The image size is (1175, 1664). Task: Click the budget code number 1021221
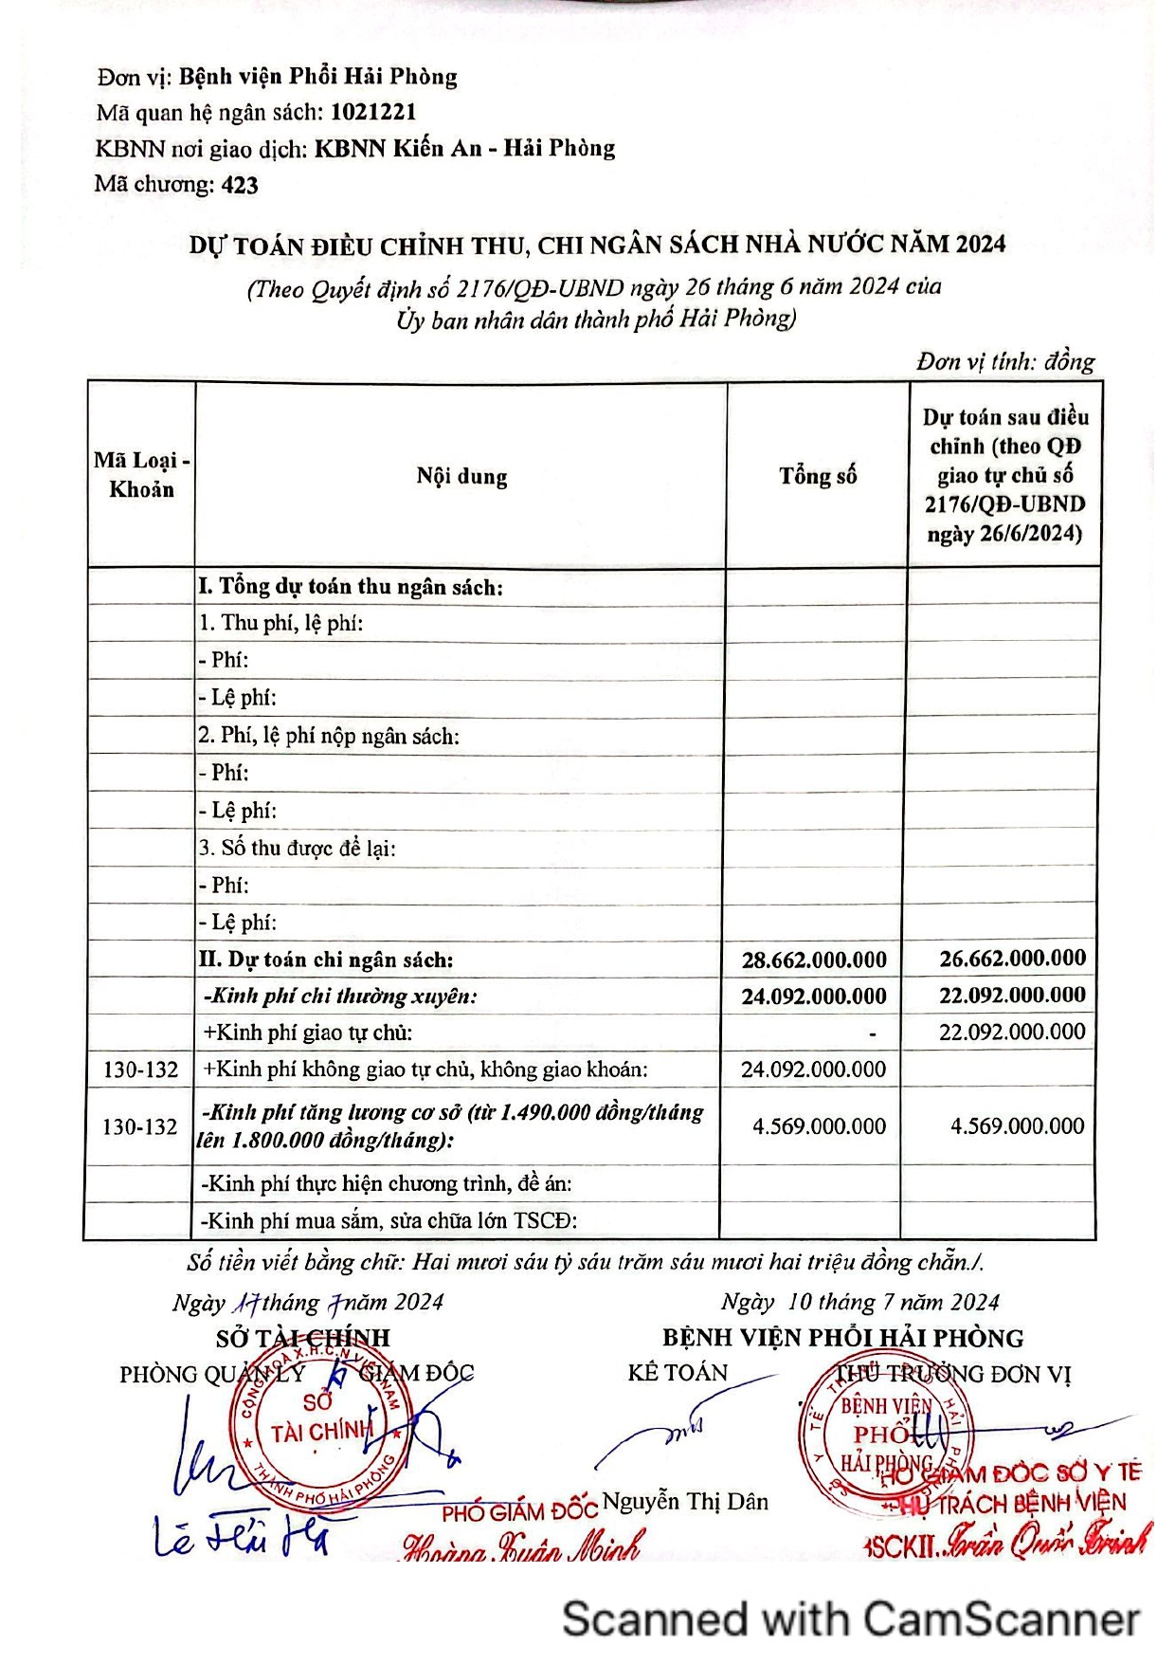(373, 112)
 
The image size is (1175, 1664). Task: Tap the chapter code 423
(240, 185)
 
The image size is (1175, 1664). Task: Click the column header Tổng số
(818, 476)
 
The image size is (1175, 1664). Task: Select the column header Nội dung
(461, 476)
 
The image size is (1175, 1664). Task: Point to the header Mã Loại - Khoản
(141, 475)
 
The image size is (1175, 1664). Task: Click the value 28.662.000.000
(814, 960)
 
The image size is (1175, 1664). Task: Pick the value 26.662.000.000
(1012, 959)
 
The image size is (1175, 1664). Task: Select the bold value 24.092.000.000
(814, 997)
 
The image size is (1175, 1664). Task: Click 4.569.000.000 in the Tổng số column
(819, 1126)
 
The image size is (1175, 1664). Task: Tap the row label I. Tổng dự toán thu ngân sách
(351, 587)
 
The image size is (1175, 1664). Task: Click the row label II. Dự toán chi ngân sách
(326, 960)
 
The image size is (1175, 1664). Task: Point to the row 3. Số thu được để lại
(298, 848)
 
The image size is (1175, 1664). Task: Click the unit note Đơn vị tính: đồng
(1004, 361)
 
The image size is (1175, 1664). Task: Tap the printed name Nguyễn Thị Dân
(685, 1501)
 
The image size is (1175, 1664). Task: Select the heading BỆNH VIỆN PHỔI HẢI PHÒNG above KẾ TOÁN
(842, 1338)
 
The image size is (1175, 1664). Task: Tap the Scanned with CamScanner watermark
(850, 1618)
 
